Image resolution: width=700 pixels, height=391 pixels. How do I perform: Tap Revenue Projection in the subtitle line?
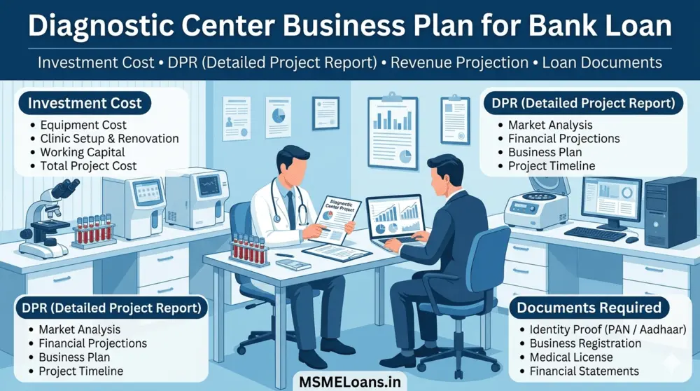[x=459, y=62]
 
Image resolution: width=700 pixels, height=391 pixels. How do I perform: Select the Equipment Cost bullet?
[x=83, y=125]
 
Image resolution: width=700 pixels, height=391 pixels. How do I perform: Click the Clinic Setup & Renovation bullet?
[x=109, y=138]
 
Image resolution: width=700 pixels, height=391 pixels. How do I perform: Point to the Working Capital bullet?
[x=83, y=152]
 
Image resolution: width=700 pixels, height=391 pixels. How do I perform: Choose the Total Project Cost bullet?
[x=89, y=166]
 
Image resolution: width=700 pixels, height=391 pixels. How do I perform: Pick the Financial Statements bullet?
[x=584, y=371]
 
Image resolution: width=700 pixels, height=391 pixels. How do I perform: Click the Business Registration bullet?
[x=585, y=343]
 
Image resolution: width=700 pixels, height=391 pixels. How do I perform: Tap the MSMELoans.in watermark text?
[x=350, y=381]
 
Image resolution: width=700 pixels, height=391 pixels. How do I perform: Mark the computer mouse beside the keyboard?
[x=632, y=240]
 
